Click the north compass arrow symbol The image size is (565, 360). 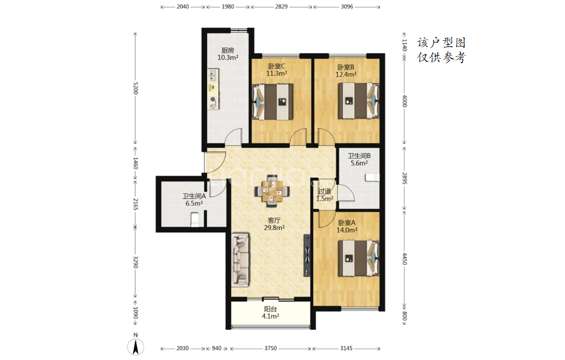tap(135, 347)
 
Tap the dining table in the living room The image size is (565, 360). tap(272, 191)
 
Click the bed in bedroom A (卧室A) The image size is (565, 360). tap(359, 258)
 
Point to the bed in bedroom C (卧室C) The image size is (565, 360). tap(272, 102)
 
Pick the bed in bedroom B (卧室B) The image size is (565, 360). tap(359, 101)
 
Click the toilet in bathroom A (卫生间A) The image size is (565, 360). tap(195, 219)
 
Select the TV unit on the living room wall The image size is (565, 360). tap(307, 256)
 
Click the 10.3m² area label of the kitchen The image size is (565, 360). tap(228, 57)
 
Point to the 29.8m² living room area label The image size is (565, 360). tap(274, 228)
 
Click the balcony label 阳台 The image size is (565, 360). tap(270, 309)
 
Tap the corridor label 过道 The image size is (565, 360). tap(324, 191)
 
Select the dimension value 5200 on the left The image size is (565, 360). tap(135, 88)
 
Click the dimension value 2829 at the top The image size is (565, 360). tap(281, 7)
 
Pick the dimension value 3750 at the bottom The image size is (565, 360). tap(271, 348)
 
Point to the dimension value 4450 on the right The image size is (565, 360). tap(404, 259)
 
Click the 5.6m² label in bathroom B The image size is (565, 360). tap(359, 163)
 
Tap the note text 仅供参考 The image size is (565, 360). tap(442, 58)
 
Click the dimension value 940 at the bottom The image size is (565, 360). tap(216, 348)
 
